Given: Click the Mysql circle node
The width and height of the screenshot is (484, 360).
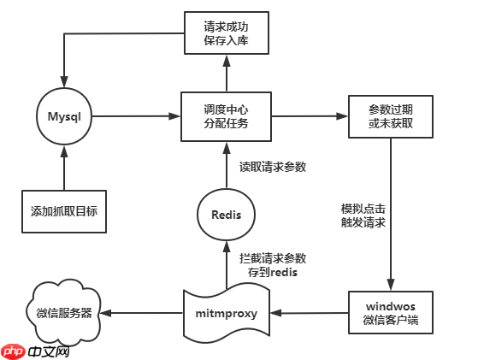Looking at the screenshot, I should pos(64,116).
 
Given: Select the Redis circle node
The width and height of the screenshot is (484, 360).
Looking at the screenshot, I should pos(227,214).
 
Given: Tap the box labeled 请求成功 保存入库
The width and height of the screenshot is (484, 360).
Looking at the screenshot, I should pos(227,33).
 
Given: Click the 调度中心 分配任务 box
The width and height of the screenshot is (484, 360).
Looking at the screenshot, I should pos(227,116).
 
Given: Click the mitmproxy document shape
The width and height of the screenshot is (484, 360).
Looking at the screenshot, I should pos(227,313).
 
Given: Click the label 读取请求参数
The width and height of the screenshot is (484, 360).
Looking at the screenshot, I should pos(272,167).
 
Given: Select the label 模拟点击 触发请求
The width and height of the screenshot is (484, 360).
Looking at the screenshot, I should pos(363,215).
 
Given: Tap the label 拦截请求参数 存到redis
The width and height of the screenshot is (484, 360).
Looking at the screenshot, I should pos(271,264).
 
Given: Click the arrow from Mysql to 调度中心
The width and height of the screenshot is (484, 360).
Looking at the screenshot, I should pos(137,116).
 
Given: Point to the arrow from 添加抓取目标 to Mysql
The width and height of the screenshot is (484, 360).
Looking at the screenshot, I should pos(64,167).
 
